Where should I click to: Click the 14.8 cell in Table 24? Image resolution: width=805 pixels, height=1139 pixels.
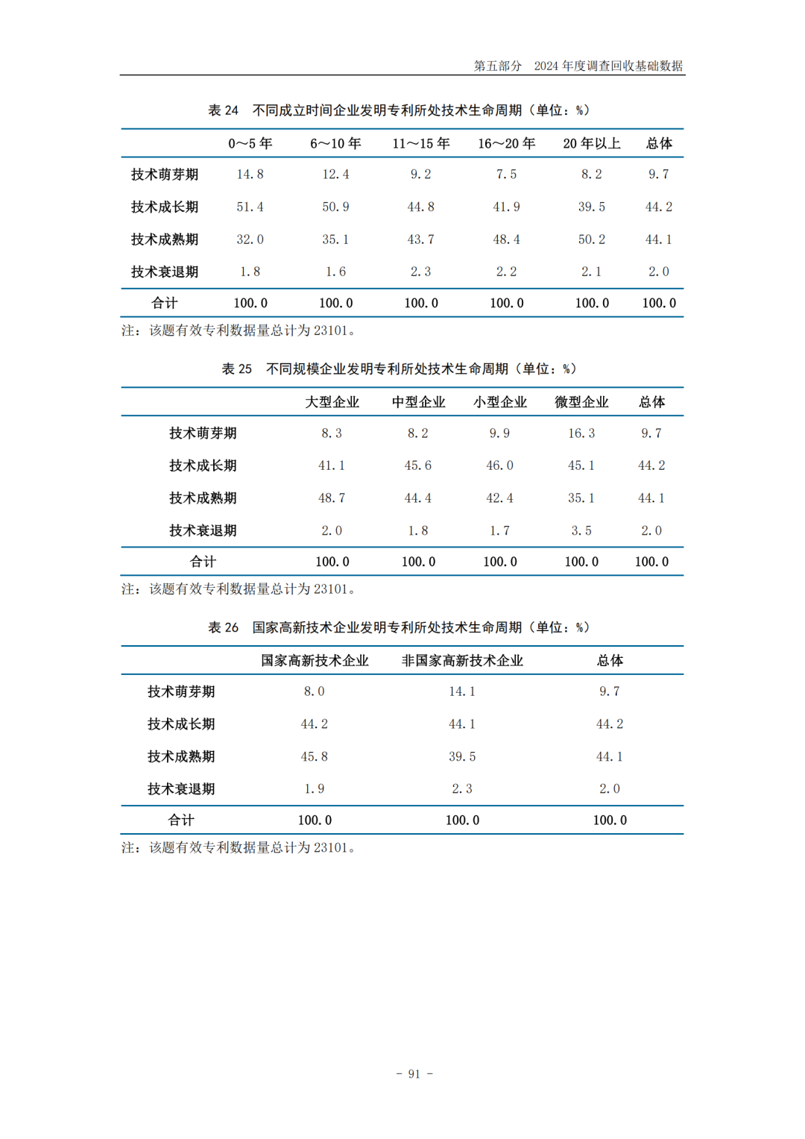(250, 175)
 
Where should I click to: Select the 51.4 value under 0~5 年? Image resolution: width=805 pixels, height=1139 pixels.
(250, 207)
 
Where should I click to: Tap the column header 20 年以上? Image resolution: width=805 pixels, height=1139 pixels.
(591, 143)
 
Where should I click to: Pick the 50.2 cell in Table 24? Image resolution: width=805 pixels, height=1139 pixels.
(591, 239)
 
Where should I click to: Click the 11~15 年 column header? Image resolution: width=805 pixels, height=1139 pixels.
(421, 143)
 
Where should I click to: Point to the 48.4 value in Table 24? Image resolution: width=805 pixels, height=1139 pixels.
(506, 239)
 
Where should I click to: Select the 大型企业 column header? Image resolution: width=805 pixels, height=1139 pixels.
(332, 402)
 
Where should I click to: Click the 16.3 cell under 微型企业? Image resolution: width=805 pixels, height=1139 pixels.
(581, 433)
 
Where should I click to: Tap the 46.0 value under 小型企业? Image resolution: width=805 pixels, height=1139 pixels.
(499, 465)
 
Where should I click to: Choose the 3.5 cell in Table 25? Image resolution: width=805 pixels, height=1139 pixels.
(581, 530)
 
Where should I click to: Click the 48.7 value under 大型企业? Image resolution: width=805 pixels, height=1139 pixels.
(332, 498)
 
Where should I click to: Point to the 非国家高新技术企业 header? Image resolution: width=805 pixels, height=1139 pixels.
(462, 661)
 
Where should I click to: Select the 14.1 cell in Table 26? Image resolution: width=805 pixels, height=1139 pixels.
(462, 691)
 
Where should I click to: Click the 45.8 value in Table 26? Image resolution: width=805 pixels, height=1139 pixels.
(314, 756)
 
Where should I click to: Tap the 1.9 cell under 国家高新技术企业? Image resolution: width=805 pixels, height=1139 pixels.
(314, 788)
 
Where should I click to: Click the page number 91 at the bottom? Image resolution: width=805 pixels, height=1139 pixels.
(414, 1074)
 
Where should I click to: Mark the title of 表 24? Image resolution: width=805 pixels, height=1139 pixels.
(399, 110)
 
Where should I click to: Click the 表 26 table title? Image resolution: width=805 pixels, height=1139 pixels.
(399, 627)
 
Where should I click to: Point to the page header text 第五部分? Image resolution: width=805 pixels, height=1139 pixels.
(497, 66)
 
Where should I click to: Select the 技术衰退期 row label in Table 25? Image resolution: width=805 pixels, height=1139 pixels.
(203, 530)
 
